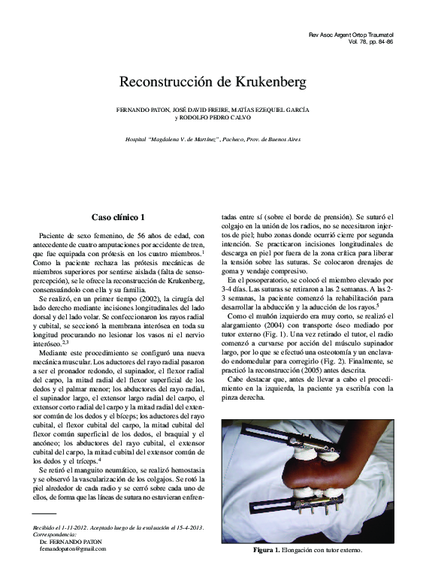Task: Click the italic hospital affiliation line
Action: pyautogui.click(x=212, y=141)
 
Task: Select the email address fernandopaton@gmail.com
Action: pyautogui.click(x=73, y=548)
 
